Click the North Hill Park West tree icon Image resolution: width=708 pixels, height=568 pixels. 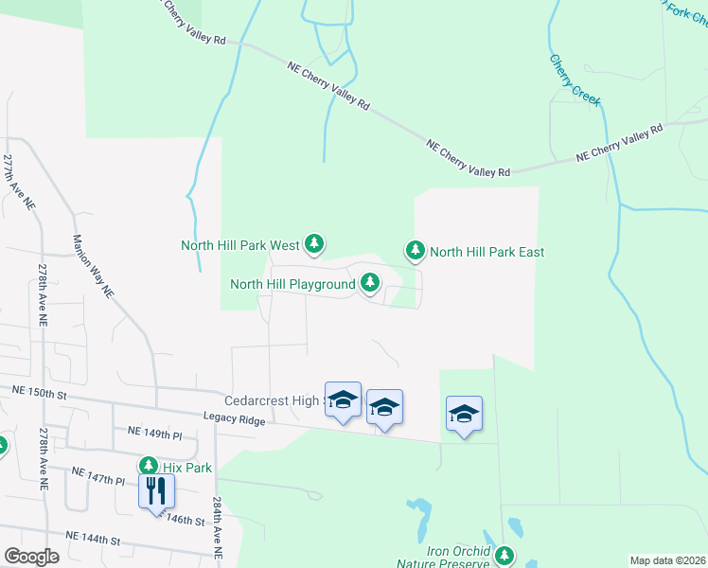point(314,244)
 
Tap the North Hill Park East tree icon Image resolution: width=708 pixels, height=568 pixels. point(415,251)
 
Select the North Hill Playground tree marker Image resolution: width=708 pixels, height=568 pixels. point(369,283)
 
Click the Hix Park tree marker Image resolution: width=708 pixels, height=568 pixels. point(149,466)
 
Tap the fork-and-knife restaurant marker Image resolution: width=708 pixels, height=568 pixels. point(156,490)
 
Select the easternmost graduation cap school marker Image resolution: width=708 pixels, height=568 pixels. point(464,414)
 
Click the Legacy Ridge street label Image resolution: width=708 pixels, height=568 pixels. point(233,417)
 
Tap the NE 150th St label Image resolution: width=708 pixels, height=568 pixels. point(41,391)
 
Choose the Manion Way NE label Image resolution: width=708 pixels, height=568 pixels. point(93,266)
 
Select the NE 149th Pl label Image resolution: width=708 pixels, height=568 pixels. point(153,434)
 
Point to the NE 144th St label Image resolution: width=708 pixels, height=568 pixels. point(94,538)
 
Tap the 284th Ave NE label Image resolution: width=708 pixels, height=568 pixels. point(217,531)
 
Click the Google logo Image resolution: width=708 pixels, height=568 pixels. point(31,556)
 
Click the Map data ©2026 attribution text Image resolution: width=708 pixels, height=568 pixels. point(666,560)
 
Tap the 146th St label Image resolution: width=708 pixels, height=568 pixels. point(185,520)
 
